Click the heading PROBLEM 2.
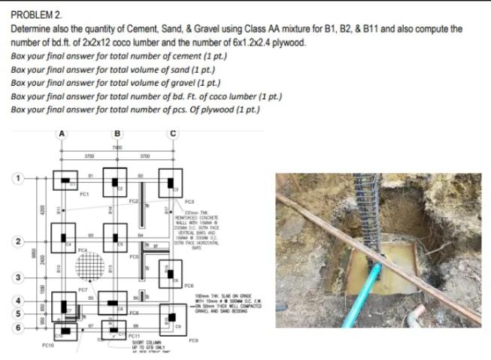pyautogui.click(x=36, y=15)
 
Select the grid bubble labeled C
pyautogui.click(x=173, y=135)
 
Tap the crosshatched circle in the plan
pyautogui.click(x=91, y=263)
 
